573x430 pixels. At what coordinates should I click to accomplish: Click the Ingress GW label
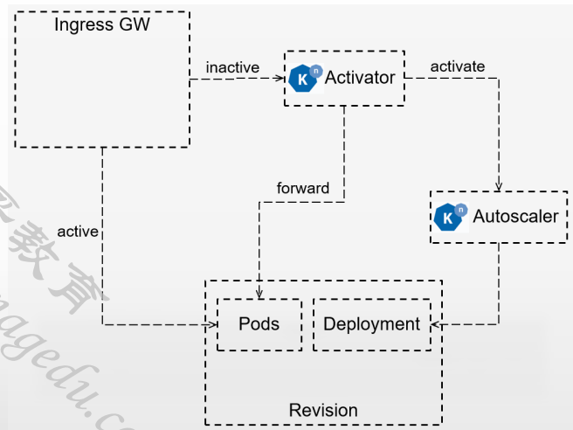click(x=102, y=24)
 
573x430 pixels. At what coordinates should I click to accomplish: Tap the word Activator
click(x=360, y=78)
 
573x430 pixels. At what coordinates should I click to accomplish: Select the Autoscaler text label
click(x=515, y=216)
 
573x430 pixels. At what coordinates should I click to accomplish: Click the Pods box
click(x=259, y=324)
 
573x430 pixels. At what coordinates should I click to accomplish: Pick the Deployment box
click(x=371, y=324)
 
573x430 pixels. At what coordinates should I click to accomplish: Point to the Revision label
click(x=323, y=409)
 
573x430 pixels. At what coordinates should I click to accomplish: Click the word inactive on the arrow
click(x=233, y=67)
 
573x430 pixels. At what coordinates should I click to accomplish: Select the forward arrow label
click(x=302, y=188)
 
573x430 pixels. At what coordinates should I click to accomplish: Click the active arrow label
click(x=77, y=232)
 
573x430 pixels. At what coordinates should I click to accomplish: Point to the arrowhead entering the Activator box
click(x=281, y=79)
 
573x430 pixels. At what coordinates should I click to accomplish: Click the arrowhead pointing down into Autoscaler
click(x=499, y=187)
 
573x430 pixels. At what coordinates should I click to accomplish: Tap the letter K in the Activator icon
click(x=302, y=80)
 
